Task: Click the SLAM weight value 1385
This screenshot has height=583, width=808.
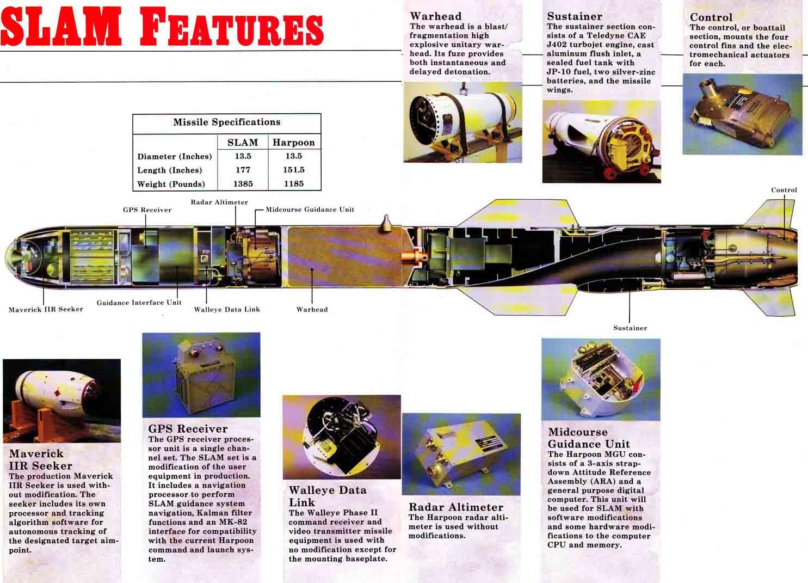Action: click(243, 183)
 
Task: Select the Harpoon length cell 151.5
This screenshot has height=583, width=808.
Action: click(294, 169)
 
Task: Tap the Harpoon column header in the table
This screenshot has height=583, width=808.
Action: click(294, 142)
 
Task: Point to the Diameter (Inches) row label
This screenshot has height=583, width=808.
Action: click(175, 156)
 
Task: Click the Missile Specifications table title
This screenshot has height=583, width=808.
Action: click(227, 122)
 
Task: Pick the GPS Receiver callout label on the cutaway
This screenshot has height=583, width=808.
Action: click(147, 210)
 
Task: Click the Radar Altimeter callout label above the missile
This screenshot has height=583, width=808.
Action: click(219, 202)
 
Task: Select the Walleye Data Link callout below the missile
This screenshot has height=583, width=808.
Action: click(227, 309)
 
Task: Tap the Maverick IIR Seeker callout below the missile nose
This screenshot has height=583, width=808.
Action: click(46, 309)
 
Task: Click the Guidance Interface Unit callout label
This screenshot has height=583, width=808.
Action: click(139, 302)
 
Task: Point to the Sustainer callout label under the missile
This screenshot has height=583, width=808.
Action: click(630, 328)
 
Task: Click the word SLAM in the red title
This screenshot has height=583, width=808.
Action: click(60, 27)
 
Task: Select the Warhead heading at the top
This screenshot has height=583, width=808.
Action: click(436, 16)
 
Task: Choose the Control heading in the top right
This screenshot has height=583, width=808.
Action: click(711, 17)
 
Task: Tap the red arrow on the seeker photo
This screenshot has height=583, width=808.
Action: click(57, 392)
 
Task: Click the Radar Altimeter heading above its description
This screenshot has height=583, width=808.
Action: click(456, 507)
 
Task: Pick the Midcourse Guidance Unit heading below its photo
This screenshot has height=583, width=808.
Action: click(589, 438)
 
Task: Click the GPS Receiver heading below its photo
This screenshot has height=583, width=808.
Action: click(188, 428)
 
